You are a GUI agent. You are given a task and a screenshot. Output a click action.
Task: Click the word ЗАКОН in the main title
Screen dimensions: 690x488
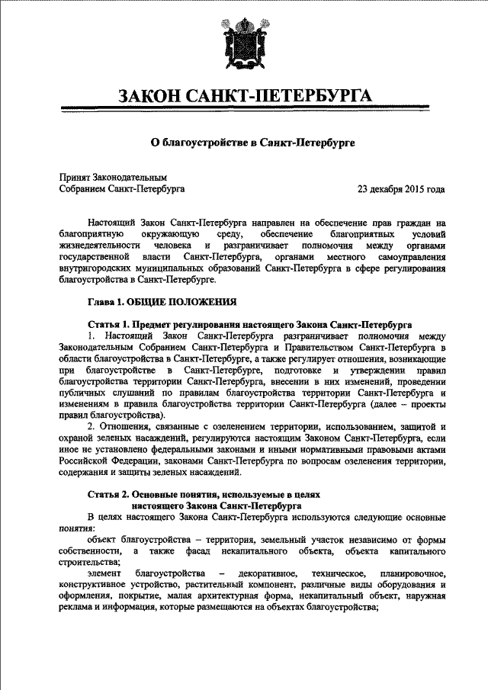tap(157, 97)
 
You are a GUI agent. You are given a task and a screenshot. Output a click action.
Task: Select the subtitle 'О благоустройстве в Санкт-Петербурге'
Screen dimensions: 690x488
tap(242, 142)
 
